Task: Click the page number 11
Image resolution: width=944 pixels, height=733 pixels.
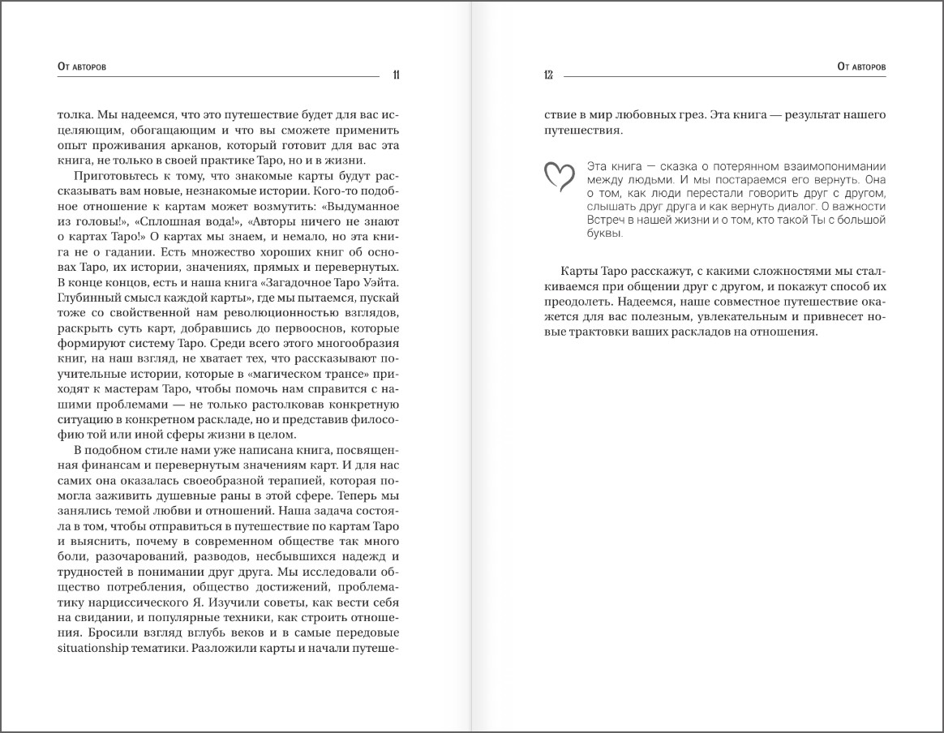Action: tap(395, 75)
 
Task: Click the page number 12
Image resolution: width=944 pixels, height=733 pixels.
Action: tap(548, 75)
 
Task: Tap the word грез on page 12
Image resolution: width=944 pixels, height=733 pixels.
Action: tap(686, 114)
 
